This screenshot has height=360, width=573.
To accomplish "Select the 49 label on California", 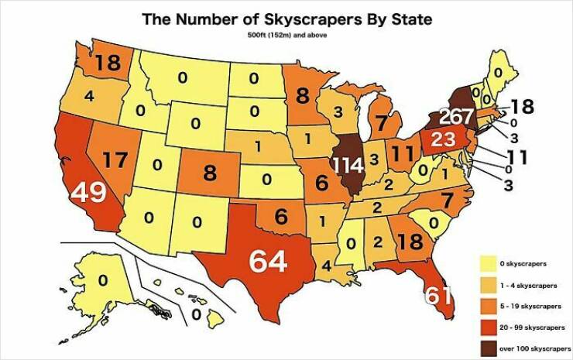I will pyautogui.click(x=89, y=193).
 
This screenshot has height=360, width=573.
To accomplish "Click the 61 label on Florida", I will pyautogui.click(x=438, y=295).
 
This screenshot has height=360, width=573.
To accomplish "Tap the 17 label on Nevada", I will pyautogui.click(x=115, y=162).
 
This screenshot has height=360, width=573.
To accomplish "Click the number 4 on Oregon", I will pyautogui.click(x=89, y=97).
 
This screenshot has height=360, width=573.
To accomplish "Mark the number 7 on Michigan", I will pyautogui.click(x=381, y=123).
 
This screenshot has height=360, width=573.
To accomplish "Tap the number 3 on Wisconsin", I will pyautogui.click(x=337, y=113).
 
